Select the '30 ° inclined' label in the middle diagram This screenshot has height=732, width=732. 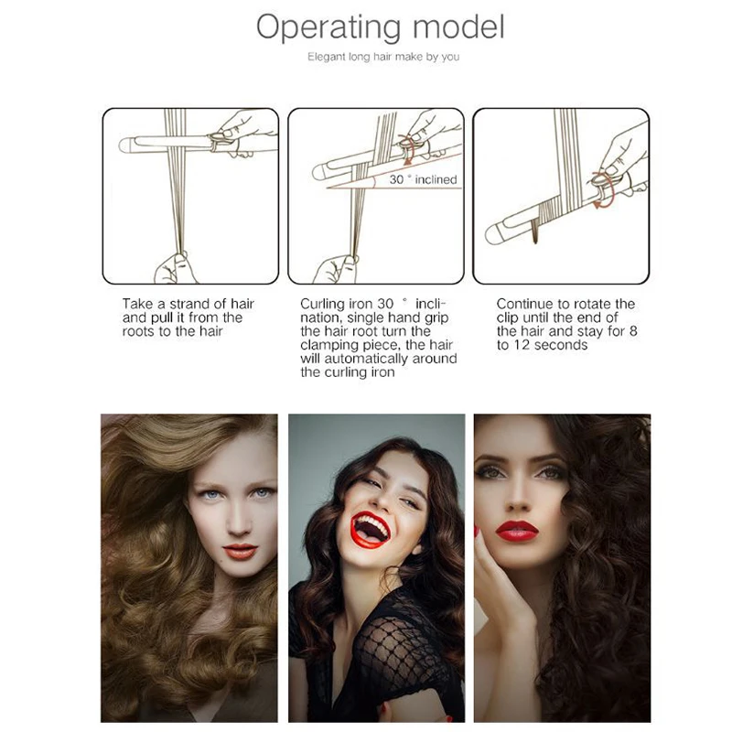(x=422, y=179)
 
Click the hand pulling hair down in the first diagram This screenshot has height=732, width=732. (x=173, y=266)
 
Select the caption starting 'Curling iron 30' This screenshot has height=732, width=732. (x=378, y=338)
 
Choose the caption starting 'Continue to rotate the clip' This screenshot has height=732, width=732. (x=565, y=324)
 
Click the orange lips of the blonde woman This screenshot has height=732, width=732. (x=239, y=551)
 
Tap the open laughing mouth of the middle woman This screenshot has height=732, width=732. (x=372, y=528)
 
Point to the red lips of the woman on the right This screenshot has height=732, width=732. (x=517, y=530)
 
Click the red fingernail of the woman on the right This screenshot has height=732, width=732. (x=477, y=531)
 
